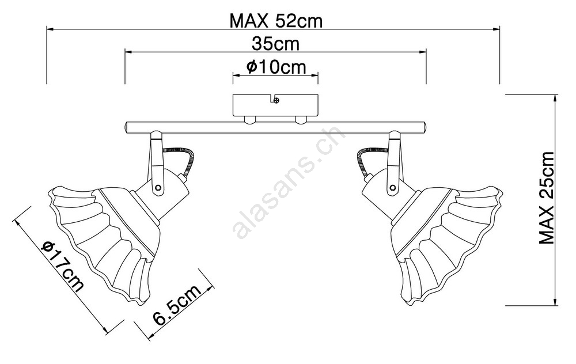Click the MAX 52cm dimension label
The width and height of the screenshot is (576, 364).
[276, 21]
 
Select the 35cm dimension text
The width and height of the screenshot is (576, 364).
[275, 44]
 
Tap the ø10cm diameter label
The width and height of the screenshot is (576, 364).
[276, 67]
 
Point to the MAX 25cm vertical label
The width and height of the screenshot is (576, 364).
[546, 198]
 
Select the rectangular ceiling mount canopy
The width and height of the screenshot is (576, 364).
[276, 106]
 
